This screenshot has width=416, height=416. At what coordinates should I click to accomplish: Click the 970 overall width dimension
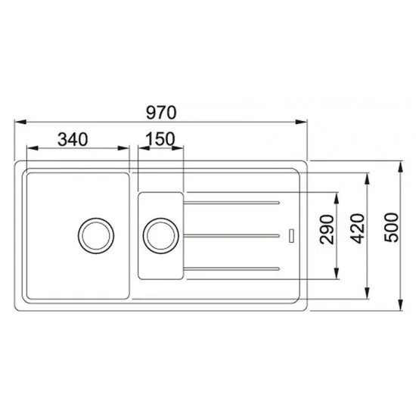point(161,113)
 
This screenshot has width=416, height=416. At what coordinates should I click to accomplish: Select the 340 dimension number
point(73,140)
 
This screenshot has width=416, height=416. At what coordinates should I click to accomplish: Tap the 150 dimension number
point(160,138)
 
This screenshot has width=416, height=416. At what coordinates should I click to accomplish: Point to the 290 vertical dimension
point(327,229)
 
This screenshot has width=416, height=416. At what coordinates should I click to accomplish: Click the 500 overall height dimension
point(392,228)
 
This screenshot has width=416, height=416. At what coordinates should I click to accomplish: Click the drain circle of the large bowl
point(96,236)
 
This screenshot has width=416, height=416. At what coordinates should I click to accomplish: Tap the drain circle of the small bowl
point(161,236)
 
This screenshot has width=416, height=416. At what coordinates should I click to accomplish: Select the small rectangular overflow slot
point(291,235)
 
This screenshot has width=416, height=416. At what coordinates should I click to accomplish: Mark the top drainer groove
point(231,203)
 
